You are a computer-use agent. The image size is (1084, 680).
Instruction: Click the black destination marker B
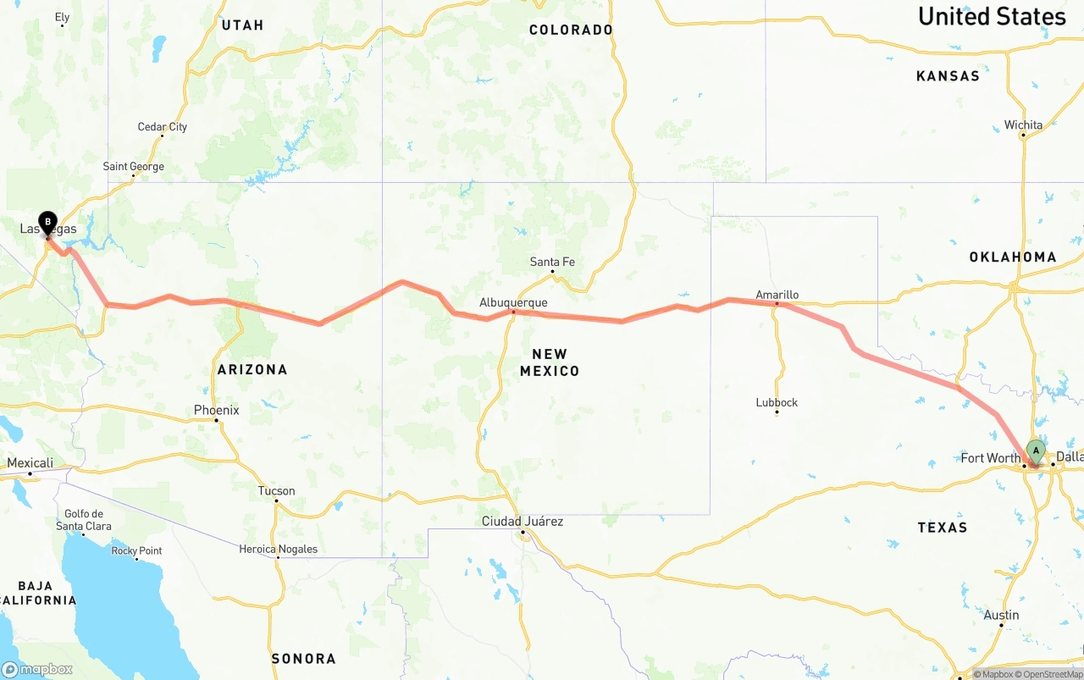tap(47, 223)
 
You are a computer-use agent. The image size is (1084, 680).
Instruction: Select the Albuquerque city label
tap(513, 302)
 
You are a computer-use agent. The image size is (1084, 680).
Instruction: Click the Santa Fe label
tap(552, 262)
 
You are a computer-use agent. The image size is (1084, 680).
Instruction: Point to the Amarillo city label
tap(777, 295)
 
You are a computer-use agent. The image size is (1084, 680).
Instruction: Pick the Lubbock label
tap(777, 402)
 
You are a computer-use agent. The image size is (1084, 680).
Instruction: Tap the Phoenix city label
tap(216, 410)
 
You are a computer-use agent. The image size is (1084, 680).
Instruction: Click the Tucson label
tap(276, 490)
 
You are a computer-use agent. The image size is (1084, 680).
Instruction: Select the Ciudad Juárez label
tap(523, 521)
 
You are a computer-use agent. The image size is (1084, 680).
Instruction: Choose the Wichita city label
tap(1023, 124)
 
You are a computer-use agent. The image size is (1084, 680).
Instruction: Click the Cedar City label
tap(163, 127)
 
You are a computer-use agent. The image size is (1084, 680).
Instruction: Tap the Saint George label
tap(134, 166)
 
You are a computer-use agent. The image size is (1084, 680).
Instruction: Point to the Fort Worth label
tap(990, 458)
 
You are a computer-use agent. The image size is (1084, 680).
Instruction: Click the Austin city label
tap(1001, 615)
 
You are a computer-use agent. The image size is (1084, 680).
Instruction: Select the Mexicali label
tap(30, 462)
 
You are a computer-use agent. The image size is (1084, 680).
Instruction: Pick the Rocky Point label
tap(137, 550)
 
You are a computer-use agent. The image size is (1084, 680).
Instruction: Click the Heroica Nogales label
tap(278, 549)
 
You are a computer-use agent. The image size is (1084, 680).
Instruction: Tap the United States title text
tap(992, 16)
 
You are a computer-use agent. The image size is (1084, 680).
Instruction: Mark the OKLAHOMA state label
tap(1013, 257)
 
